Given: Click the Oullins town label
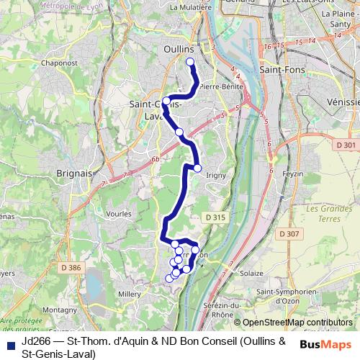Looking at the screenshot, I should (172, 49).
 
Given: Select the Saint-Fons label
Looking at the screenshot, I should (282, 70).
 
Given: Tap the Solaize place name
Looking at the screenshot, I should (252, 274).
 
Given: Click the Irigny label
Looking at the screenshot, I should (216, 175).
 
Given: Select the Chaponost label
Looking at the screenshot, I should (59, 62).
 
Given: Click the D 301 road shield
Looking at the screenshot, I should (345, 145).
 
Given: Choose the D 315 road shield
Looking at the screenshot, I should (214, 217).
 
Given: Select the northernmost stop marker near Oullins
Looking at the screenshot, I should (190, 62).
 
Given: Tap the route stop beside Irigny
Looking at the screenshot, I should (197, 168).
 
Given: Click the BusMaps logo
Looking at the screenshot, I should (325, 344).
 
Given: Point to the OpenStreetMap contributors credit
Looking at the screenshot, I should (297, 323).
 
